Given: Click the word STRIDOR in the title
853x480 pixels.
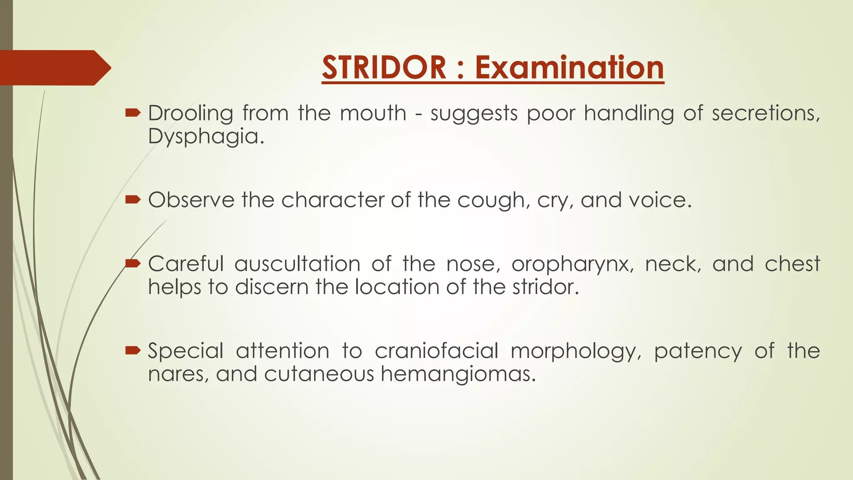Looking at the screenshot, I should tap(384, 67).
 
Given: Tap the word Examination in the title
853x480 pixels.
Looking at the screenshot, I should tap(569, 67).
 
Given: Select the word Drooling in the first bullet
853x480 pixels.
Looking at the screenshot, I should tap(190, 113).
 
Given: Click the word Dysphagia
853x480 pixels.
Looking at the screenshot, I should tap(206, 136).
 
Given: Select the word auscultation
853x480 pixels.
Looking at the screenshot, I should tap(297, 264).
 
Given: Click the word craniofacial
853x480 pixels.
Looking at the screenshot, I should tap(436, 351).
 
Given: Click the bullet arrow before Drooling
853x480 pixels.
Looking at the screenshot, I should tap(133, 112).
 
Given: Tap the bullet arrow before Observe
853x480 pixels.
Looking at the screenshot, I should tap(133, 200).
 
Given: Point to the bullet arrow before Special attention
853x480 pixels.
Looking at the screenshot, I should tap(133, 350).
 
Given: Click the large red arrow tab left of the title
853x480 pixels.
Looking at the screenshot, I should tap(54, 67).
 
